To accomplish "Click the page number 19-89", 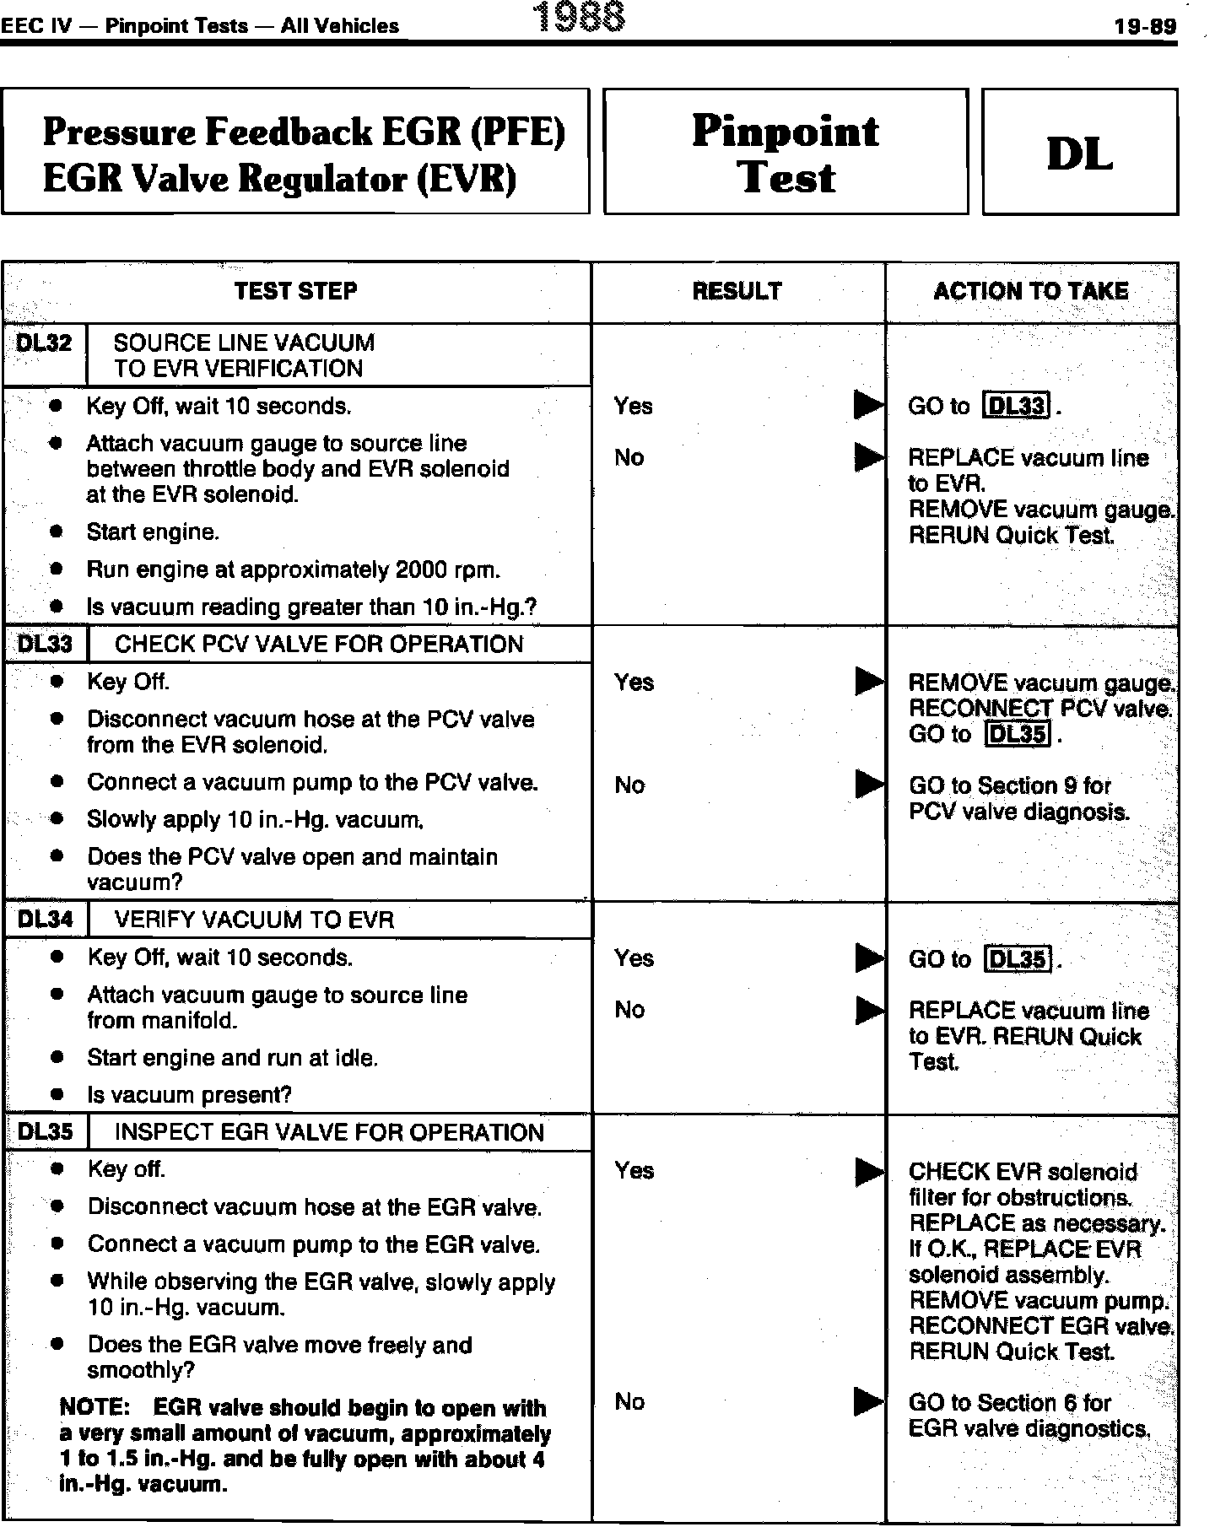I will [1144, 26].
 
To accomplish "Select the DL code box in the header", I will [1079, 153].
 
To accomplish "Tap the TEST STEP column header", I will [295, 291].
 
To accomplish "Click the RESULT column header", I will [737, 291].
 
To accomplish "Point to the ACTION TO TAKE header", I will [1030, 291].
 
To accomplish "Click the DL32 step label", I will [45, 343].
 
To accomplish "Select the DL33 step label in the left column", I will [45, 645].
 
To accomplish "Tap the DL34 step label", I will [45, 920].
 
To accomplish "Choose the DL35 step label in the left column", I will [45, 1132].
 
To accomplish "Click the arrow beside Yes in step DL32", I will [868, 406].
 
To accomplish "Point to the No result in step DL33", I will [629, 785].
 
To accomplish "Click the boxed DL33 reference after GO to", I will [1018, 407].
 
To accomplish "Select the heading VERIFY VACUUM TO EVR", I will [254, 920].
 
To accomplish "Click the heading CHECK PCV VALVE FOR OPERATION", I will [319, 645].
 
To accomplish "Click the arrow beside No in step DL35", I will [868, 1401].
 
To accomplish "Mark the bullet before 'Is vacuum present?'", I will [57, 1095].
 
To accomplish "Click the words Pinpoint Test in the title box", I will [786, 154].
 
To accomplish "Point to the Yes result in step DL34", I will [634, 958].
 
